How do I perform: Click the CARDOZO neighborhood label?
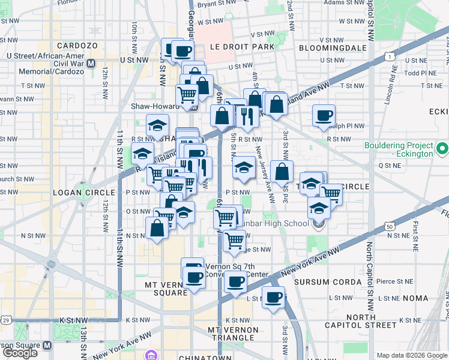click(x=77, y=46)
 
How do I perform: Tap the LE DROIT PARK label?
click(x=242, y=47)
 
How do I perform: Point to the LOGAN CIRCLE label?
click(x=76, y=193)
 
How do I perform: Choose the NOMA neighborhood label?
click(x=415, y=298)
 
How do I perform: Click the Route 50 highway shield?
click(x=390, y=226)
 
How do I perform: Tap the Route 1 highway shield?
click(x=390, y=56)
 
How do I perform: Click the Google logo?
click(x=19, y=353)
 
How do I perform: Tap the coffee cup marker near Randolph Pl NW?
click(x=324, y=116)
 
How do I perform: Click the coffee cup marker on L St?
click(x=274, y=298)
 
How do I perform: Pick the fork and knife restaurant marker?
click(x=247, y=116)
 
